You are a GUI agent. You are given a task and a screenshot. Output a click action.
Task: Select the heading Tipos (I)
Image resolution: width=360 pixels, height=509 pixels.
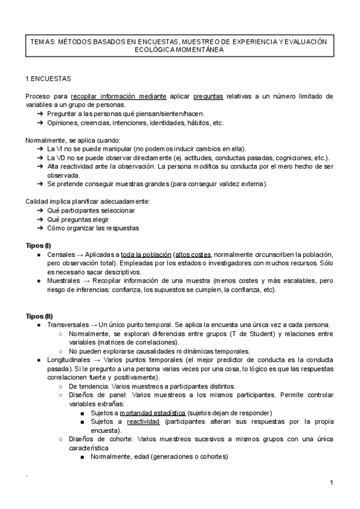38,246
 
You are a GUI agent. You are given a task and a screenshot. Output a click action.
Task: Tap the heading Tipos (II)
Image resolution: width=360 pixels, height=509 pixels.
40,316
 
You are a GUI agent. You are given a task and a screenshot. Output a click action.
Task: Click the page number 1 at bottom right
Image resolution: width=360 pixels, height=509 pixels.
331,483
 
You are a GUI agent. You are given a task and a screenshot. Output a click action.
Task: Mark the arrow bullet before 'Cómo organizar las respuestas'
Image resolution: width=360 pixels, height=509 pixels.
40,228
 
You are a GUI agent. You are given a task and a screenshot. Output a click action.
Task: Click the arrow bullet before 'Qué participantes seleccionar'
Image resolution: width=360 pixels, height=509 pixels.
40,211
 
